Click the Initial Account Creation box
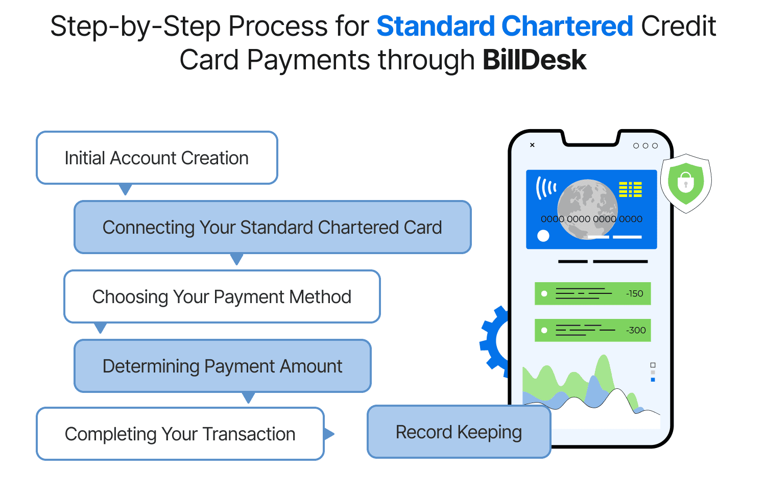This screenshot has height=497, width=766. [157, 158]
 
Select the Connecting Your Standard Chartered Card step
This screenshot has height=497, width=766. [272, 228]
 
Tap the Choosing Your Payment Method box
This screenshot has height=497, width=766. [222, 297]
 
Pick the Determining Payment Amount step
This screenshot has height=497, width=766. [222, 366]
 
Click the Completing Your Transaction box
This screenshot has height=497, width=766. [180, 434]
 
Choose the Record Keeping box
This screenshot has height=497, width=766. [459, 432]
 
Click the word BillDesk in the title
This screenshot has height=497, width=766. [534, 60]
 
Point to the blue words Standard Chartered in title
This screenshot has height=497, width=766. [505, 27]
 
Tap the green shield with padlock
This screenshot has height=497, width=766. [685, 182]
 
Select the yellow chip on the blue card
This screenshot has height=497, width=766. [630, 189]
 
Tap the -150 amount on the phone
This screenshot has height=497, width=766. [635, 294]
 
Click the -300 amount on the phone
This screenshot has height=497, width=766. [636, 331]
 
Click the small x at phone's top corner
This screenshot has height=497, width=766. [532, 145]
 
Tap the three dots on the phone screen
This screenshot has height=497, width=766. [645, 146]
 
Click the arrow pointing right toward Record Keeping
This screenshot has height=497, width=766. [329, 434]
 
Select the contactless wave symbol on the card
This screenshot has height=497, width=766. [545, 188]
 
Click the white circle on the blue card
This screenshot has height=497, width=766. [543, 236]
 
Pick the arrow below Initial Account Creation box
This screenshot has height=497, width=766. [125, 190]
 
